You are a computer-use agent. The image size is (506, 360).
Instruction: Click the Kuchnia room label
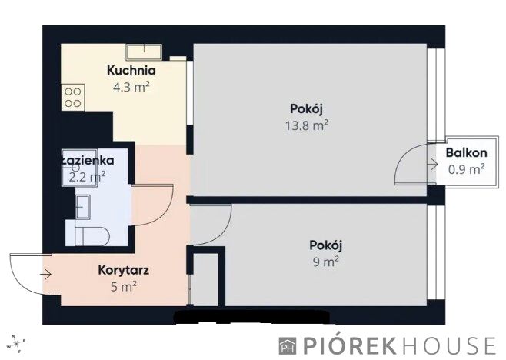[131, 71]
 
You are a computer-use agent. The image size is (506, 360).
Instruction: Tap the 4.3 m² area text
[131, 87]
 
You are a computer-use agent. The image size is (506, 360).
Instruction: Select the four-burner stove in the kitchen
[73, 98]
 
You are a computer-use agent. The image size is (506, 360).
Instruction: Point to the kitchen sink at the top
[144, 52]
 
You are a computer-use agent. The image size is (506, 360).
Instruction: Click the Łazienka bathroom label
[88, 161]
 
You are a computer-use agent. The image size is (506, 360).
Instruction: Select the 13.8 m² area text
[307, 125]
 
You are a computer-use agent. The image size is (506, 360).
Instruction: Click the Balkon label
[466, 153]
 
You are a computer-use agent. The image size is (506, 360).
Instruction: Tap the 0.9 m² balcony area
[466, 169]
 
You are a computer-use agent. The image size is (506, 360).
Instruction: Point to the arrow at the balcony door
[432, 165]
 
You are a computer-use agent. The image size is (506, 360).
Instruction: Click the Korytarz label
[124, 270]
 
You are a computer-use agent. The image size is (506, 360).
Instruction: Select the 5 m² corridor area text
[124, 286]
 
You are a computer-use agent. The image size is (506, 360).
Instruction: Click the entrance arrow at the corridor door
[45, 275]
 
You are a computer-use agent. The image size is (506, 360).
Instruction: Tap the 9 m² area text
[325, 262]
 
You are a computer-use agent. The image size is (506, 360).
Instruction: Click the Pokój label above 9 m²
[325, 245]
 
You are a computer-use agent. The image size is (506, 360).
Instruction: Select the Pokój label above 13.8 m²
[306, 109]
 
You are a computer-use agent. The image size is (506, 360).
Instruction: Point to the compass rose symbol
[18, 343]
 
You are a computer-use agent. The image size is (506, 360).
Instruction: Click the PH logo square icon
[287, 346]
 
